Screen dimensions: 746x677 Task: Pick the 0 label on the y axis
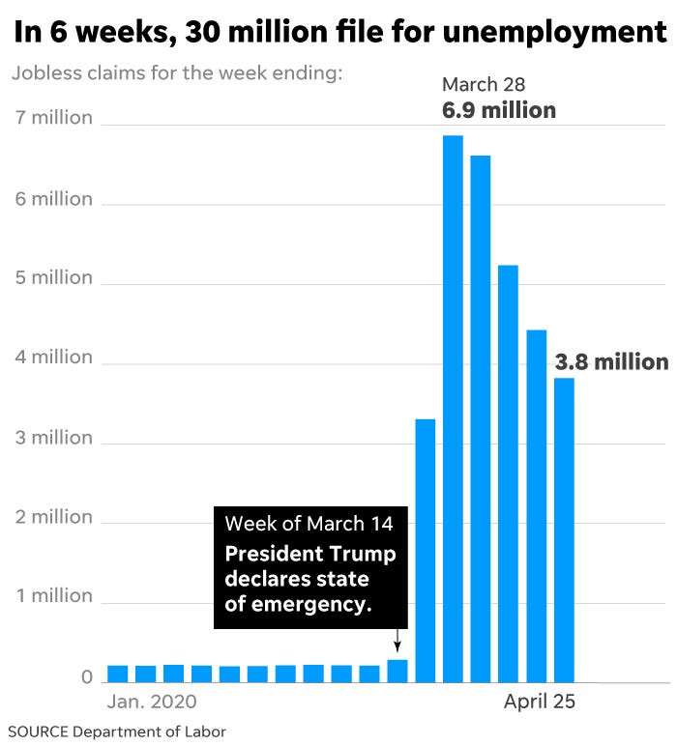pos(86,677)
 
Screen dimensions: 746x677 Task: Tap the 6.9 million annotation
pos(499,110)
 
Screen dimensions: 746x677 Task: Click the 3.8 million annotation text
pos(611,362)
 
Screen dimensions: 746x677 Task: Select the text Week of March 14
pos(309,525)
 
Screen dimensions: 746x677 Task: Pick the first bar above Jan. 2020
pos(117,674)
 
